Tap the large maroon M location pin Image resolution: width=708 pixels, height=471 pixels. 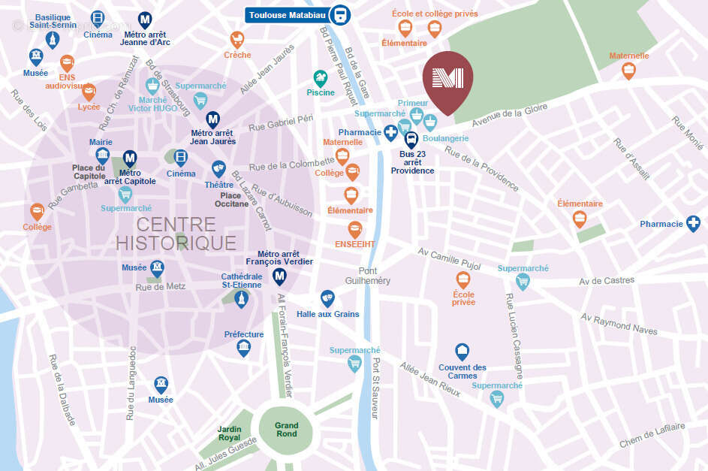pos(447,80)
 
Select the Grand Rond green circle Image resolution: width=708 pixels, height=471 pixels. pos(286,429)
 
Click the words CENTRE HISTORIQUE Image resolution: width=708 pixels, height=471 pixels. pos(176,234)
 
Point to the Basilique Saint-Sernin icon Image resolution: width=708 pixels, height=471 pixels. pos(52,39)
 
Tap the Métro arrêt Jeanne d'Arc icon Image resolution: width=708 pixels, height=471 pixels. pos(145,20)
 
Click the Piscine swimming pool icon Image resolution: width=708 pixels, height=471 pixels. pos(321,77)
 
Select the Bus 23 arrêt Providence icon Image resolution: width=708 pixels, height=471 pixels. pos(411,139)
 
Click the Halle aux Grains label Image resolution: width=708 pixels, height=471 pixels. pos(327,314)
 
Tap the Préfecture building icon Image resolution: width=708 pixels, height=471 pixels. pos(244,348)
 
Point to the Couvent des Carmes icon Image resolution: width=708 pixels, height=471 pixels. pos(462,351)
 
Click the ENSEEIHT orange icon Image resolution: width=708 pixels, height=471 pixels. pos(354,230)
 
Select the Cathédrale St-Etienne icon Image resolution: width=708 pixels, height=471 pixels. pos(241,300)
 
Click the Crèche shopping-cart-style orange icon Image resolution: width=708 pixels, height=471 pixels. pos(237,39)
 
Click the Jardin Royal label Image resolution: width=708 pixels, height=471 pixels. pos(230,432)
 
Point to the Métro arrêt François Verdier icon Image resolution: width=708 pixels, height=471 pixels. pos(280,277)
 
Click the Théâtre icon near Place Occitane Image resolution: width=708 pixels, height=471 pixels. pos(218,168)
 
